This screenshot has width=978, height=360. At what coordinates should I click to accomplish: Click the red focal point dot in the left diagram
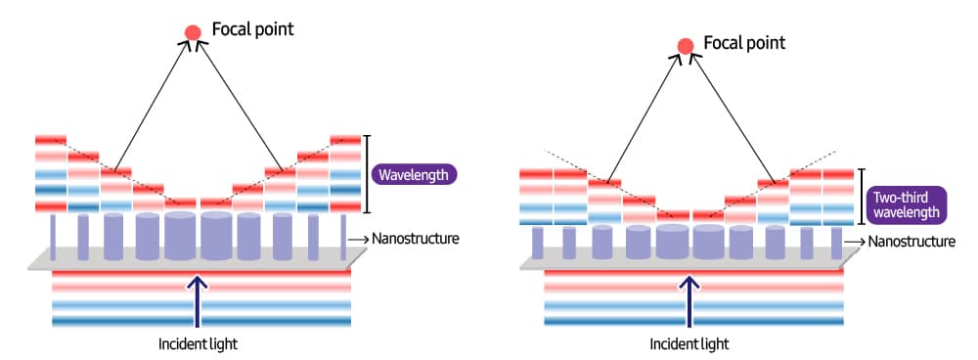(x=193, y=32)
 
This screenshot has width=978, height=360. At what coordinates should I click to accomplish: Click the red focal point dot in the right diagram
(x=686, y=46)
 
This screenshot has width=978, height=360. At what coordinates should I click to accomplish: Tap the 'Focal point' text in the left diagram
(x=252, y=29)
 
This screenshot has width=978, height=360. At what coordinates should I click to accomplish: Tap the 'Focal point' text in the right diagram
(x=744, y=43)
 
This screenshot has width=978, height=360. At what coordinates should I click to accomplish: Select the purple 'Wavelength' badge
(x=414, y=174)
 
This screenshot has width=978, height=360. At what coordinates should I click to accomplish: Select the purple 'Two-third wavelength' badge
(x=907, y=205)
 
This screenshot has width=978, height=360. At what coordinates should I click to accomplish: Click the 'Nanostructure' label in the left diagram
(x=416, y=239)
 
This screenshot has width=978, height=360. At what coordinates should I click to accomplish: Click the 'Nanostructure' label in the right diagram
(x=911, y=242)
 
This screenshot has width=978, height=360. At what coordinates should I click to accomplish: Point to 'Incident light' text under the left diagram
(x=198, y=343)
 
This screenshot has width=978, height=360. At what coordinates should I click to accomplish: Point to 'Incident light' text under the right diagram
(x=689, y=343)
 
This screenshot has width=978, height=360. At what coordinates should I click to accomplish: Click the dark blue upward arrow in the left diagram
(x=198, y=301)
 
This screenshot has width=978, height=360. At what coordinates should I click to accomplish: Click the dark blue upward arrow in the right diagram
(x=689, y=301)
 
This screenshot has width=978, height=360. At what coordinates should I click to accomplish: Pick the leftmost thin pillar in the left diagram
(x=53, y=237)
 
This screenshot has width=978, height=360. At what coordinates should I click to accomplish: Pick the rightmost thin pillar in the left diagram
(x=343, y=237)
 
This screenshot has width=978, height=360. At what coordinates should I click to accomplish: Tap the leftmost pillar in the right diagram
(x=538, y=243)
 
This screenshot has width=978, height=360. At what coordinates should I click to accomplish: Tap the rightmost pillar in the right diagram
(x=836, y=243)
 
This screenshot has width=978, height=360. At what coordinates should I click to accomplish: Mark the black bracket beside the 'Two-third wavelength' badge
(x=861, y=197)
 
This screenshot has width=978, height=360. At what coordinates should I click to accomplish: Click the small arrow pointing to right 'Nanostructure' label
(x=856, y=242)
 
